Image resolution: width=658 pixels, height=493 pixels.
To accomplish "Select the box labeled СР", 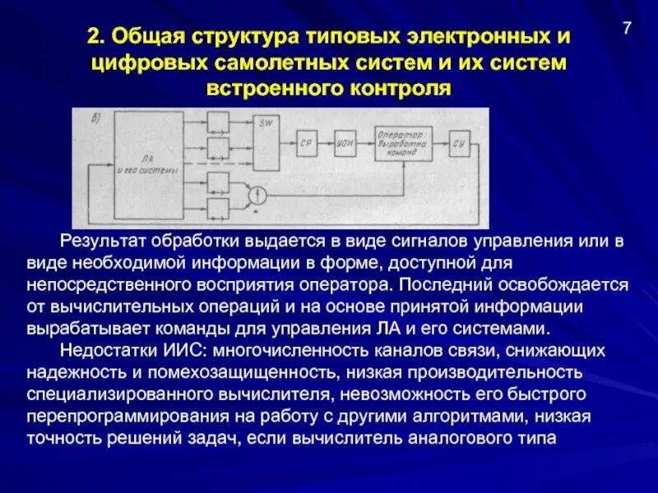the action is point(308,143).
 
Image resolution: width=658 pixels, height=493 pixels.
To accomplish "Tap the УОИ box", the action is point(345,143).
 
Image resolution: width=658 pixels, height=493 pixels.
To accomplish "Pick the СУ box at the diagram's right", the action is point(461,143).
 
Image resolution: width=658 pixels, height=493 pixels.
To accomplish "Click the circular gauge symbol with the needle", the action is point(259,194).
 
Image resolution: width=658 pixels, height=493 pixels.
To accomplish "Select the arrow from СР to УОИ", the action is point(327,143).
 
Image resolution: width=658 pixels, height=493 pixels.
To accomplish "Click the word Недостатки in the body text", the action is point(104,351).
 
